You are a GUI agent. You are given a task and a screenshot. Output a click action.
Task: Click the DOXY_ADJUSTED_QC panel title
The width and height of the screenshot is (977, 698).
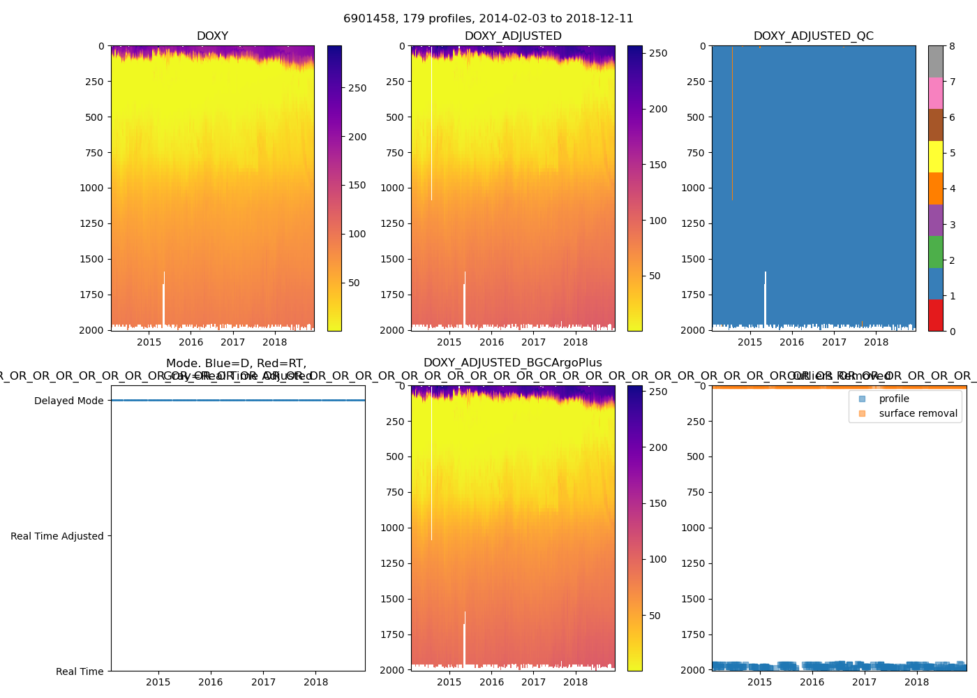pos(813,36)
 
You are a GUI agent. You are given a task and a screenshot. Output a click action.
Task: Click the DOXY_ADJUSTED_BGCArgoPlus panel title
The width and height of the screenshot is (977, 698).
pos(512,363)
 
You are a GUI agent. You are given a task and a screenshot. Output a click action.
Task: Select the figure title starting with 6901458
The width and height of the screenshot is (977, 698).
pos(488,19)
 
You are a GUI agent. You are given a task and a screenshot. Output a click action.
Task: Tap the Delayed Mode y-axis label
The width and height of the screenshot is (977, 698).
pos(68,401)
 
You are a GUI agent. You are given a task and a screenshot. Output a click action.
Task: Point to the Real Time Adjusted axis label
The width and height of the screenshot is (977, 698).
pos(57,536)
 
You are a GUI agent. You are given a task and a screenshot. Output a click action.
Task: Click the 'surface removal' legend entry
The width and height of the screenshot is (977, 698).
pos(918,413)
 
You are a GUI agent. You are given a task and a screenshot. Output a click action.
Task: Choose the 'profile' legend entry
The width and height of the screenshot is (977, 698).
pos(894,399)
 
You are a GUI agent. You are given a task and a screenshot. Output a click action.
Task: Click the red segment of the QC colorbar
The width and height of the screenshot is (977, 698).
pos(935,315)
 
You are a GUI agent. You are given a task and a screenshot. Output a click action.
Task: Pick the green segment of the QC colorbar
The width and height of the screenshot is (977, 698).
pos(935,251)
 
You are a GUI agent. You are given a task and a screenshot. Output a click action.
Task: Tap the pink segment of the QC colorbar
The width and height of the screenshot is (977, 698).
pos(935,93)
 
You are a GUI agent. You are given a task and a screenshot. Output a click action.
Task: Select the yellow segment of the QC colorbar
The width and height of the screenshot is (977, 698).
pos(935,156)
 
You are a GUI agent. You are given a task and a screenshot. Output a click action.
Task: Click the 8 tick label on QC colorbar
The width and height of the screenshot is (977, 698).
pos(952,46)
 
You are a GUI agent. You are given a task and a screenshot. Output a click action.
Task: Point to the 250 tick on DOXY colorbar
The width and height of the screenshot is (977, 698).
pos(357,88)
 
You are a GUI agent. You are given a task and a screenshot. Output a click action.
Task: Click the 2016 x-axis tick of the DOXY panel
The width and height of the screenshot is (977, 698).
pos(191,342)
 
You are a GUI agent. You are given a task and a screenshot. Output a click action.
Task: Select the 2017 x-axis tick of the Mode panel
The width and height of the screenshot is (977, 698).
pos(263,682)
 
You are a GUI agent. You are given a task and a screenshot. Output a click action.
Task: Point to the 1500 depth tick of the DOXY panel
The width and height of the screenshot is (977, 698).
pos(91,259)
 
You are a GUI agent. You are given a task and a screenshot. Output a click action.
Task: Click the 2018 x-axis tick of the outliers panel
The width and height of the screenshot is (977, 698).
pos(916,682)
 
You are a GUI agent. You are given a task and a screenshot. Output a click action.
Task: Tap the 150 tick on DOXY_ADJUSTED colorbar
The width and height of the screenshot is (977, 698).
pos(658,165)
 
